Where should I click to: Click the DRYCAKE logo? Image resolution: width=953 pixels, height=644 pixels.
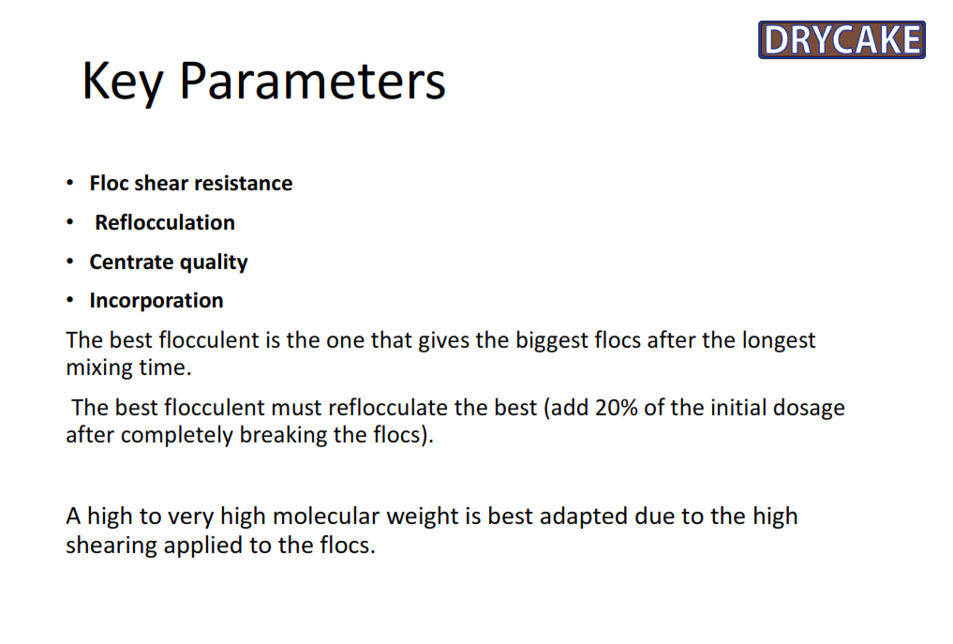841,39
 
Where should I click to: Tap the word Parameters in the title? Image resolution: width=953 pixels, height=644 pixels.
312,80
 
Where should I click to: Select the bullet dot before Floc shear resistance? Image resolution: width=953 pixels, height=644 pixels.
70,183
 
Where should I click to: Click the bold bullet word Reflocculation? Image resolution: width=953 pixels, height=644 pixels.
165,222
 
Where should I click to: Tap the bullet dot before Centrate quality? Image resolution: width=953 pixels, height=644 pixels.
70,261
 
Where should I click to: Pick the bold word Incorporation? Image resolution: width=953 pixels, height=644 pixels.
156,300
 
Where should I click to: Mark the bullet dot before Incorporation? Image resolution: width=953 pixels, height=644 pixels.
70,300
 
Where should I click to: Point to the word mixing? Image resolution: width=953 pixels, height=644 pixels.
100,368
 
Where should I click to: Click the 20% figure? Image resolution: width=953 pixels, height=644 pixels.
617,408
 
